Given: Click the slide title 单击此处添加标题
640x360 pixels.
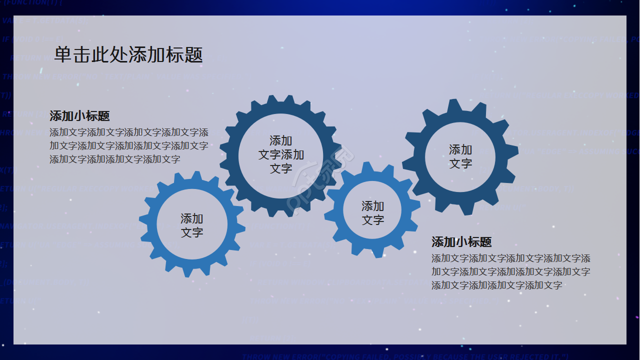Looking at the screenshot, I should click(128, 54).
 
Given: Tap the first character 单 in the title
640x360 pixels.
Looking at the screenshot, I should click(63, 54).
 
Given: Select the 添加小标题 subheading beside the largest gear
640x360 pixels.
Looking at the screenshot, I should click(79, 116).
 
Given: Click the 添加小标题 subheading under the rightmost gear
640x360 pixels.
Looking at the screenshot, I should click(461, 242).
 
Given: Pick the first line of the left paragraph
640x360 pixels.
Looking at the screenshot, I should click(129, 132).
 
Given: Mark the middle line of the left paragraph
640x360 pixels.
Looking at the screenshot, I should click(129, 146).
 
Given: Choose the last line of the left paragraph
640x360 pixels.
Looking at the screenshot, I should click(115, 159).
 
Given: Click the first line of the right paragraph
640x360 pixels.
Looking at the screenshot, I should click(510, 258).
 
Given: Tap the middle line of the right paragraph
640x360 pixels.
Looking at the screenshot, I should click(510, 272).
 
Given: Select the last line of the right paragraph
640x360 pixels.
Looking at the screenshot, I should click(496, 285).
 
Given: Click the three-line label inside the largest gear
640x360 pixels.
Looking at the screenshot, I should click(281, 155).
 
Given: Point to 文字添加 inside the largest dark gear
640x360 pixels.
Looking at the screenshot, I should click(281, 155).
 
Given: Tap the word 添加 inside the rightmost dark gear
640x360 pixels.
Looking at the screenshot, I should click(460, 149).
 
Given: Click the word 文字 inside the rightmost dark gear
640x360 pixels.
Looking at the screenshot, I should click(460, 163).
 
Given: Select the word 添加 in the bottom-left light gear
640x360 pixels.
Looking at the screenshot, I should click(192, 218).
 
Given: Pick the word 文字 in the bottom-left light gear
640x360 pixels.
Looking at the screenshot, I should click(192, 232).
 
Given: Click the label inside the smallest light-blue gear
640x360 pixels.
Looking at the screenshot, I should click(373, 213).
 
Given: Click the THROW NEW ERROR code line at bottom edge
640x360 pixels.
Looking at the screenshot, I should click(405, 356).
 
